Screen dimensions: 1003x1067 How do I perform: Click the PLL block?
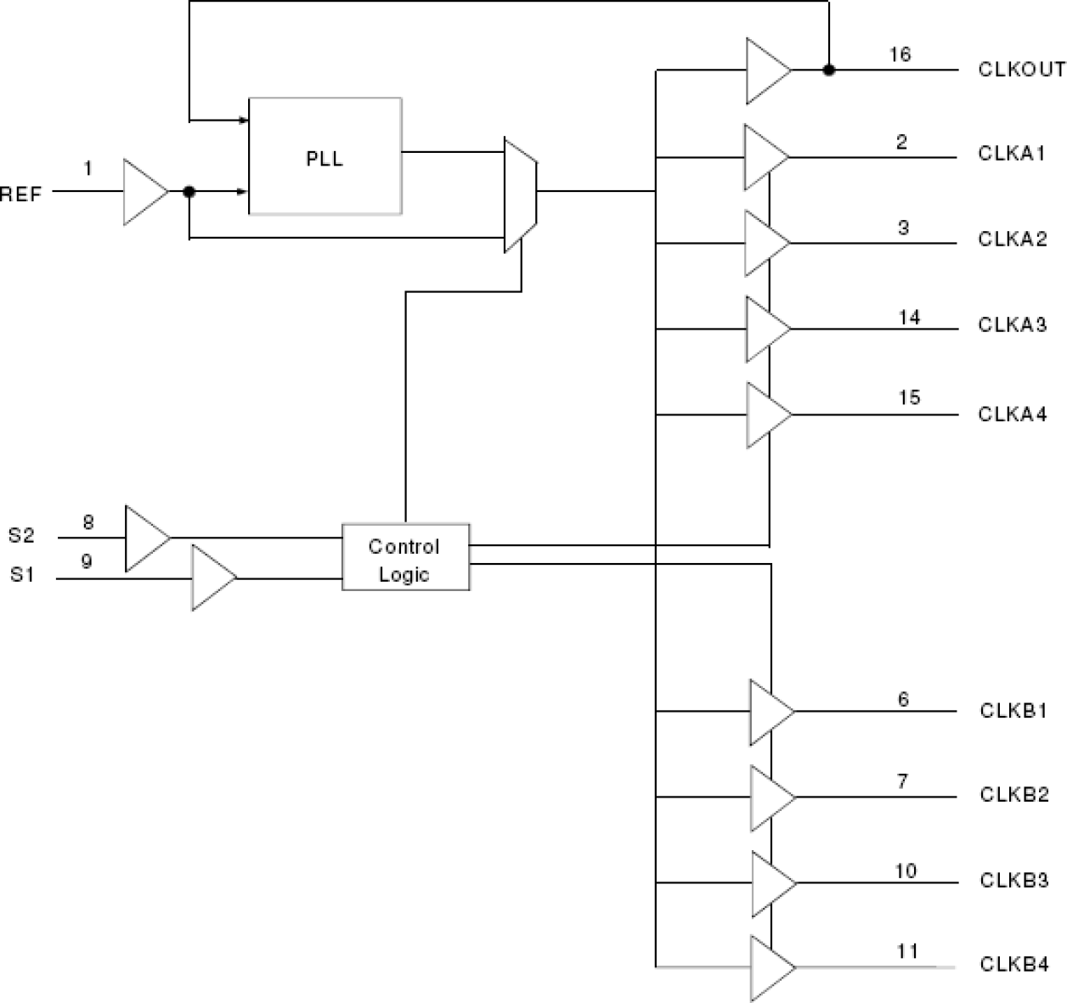click(x=325, y=155)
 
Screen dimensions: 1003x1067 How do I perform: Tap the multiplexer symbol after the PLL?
click(x=520, y=194)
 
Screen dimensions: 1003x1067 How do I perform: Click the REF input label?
click(x=20, y=194)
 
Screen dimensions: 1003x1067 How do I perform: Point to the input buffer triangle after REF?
click(x=144, y=192)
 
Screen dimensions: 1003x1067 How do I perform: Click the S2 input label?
click(x=22, y=535)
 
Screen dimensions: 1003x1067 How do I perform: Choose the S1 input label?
click(x=22, y=575)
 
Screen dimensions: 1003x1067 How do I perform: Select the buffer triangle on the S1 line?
click(x=211, y=578)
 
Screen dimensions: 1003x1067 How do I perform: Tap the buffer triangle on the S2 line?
click(x=145, y=538)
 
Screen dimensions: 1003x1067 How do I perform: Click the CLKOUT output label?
click(x=1021, y=70)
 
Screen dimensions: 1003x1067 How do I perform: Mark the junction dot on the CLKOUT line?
click(x=829, y=70)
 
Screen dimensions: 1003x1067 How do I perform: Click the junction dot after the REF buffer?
click(x=189, y=192)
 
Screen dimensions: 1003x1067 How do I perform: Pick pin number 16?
click(x=900, y=54)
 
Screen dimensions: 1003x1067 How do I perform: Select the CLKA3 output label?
click(x=1012, y=324)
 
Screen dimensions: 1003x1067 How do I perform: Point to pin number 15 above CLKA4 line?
click(x=909, y=397)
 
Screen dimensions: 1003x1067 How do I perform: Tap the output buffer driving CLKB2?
click(x=769, y=797)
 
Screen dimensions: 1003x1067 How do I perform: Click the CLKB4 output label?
click(x=1013, y=965)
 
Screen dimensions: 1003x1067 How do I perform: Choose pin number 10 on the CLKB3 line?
click(x=906, y=871)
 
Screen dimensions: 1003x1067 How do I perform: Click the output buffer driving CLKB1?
click(x=768, y=711)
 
